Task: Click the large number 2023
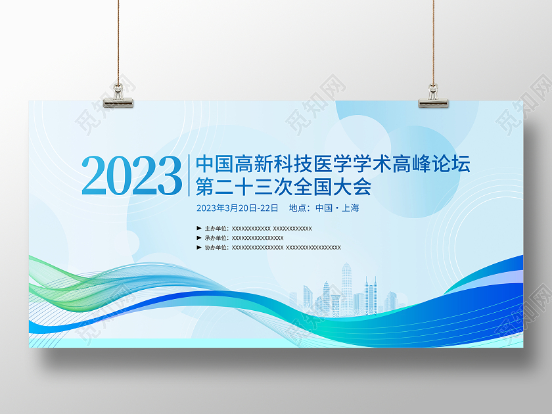(x=131, y=175)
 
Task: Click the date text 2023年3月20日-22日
(x=237, y=208)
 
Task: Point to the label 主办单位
(x=216, y=229)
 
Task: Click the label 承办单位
(x=216, y=238)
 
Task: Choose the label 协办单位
(x=216, y=248)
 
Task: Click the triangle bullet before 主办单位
(x=199, y=229)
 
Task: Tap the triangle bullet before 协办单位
(x=199, y=248)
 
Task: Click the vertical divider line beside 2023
(x=189, y=175)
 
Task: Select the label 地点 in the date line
(x=298, y=208)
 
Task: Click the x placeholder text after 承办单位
(x=258, y=238)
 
